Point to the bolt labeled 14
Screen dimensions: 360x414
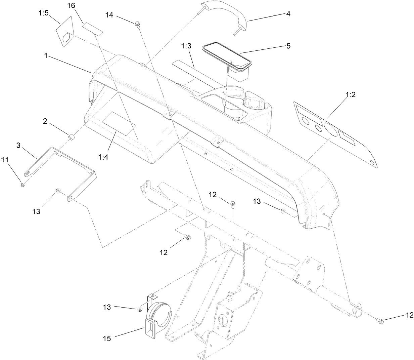137,24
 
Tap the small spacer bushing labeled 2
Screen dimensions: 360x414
72,137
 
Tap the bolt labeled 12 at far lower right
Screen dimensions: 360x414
379,321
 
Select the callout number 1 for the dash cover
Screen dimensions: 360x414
45,55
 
